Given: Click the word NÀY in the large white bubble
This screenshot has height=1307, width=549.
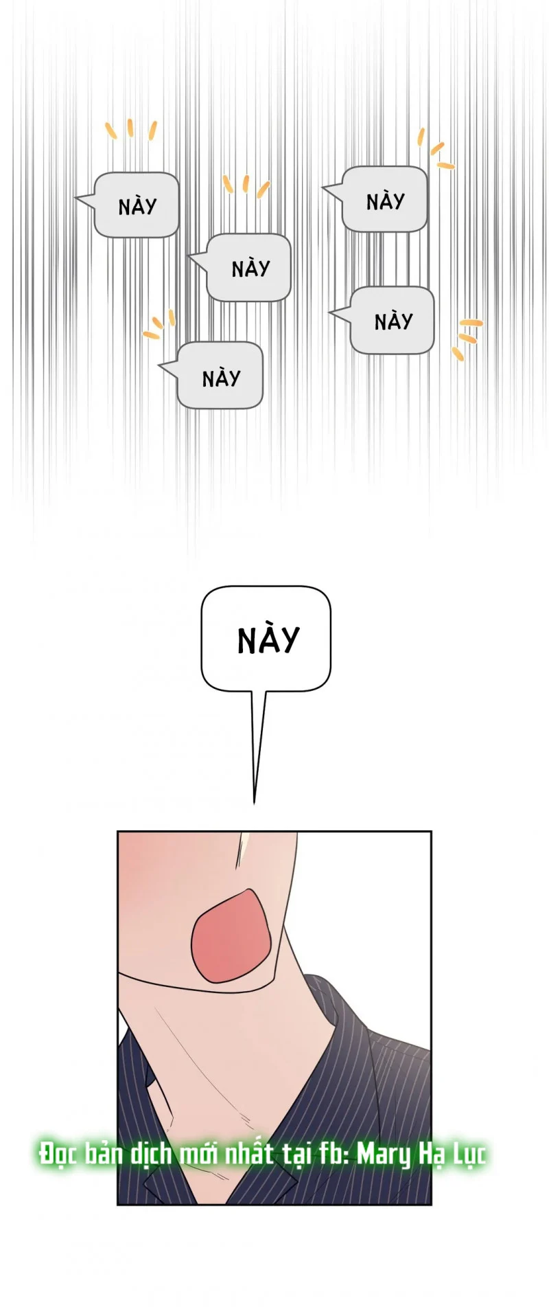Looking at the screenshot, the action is click(268, 639).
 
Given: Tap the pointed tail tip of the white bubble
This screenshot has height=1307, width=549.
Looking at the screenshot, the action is click(254, 804).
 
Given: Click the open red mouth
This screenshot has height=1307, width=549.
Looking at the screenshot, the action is click(231, 935).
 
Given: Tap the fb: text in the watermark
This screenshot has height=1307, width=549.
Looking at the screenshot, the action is click(336, 1154).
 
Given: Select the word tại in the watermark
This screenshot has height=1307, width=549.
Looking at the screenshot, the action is click(296, 1155).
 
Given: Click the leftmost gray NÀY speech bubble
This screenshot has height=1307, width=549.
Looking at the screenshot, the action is click(136, 205).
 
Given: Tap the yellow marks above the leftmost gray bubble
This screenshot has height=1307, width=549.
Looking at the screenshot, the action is click(130, 128).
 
